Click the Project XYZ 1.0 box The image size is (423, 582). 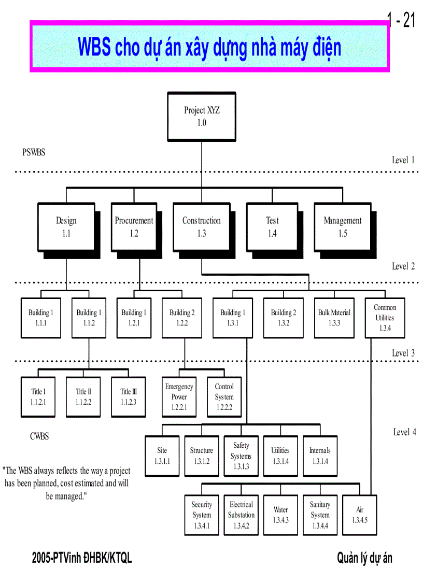[x=202, y=117]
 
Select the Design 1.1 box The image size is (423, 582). [x=66, y=227]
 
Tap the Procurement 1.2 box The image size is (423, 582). [x=134, y=227]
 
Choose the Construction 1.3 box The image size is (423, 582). [x=201, y=227]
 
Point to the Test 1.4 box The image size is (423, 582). [x=272, y=227]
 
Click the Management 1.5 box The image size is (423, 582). [x=342, y=227]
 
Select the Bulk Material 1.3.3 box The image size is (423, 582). [x=334, y=318]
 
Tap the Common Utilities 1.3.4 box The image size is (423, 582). [x=385, y=318]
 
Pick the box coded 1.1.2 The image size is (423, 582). [x=89, y=318]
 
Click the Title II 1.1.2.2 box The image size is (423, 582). [x=83, y=396]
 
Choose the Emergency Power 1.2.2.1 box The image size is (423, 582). [x=179, y=397]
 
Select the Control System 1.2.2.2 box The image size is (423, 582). [x=224, y=397]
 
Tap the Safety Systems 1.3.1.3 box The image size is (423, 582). [x=241, y=456]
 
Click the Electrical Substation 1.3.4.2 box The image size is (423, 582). [x=241, y=515]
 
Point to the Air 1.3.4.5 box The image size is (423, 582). [x=359, y=515]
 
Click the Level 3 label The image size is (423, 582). [x=403, y=353]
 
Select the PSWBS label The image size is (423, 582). [x=34, y=152]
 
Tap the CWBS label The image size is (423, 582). [x=39, y=436]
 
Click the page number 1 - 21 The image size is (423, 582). [x=401, y=21]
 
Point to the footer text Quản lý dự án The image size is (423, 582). [x=364, y=558]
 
